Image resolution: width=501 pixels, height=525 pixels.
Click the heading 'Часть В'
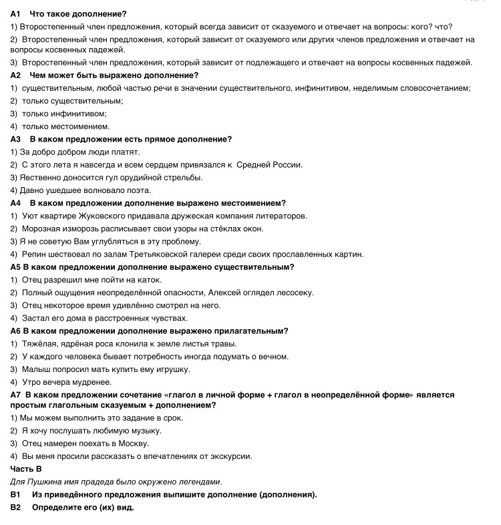(x=26, y=469)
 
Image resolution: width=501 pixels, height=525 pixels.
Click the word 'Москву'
(x=130, y=444)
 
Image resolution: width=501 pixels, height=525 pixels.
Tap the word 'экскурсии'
(x=233, y=456)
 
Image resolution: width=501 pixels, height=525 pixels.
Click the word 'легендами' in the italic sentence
(x=200, y=482)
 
